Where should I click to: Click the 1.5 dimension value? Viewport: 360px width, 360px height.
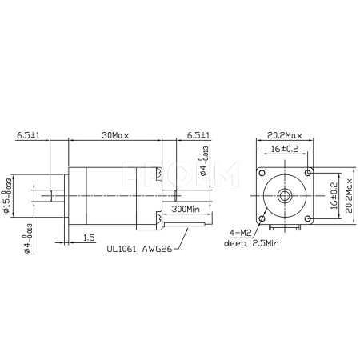pos(88,238)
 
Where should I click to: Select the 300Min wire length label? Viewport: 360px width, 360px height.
pos(186,208)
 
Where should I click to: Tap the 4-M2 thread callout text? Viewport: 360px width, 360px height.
pos(240,234)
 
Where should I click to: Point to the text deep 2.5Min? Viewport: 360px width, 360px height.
pos(250,243)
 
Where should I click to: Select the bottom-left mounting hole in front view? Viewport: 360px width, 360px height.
pos(262,218)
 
